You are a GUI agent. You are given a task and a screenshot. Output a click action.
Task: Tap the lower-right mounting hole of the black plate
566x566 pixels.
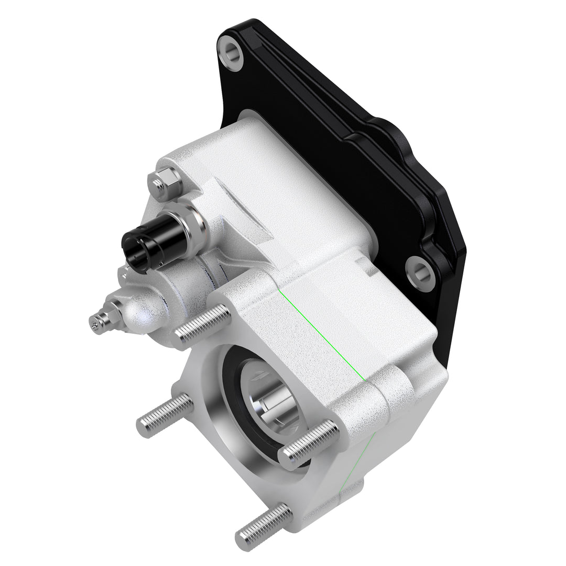pos(420,273)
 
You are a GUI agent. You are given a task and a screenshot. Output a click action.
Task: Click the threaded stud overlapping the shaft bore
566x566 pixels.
pos(309,443)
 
